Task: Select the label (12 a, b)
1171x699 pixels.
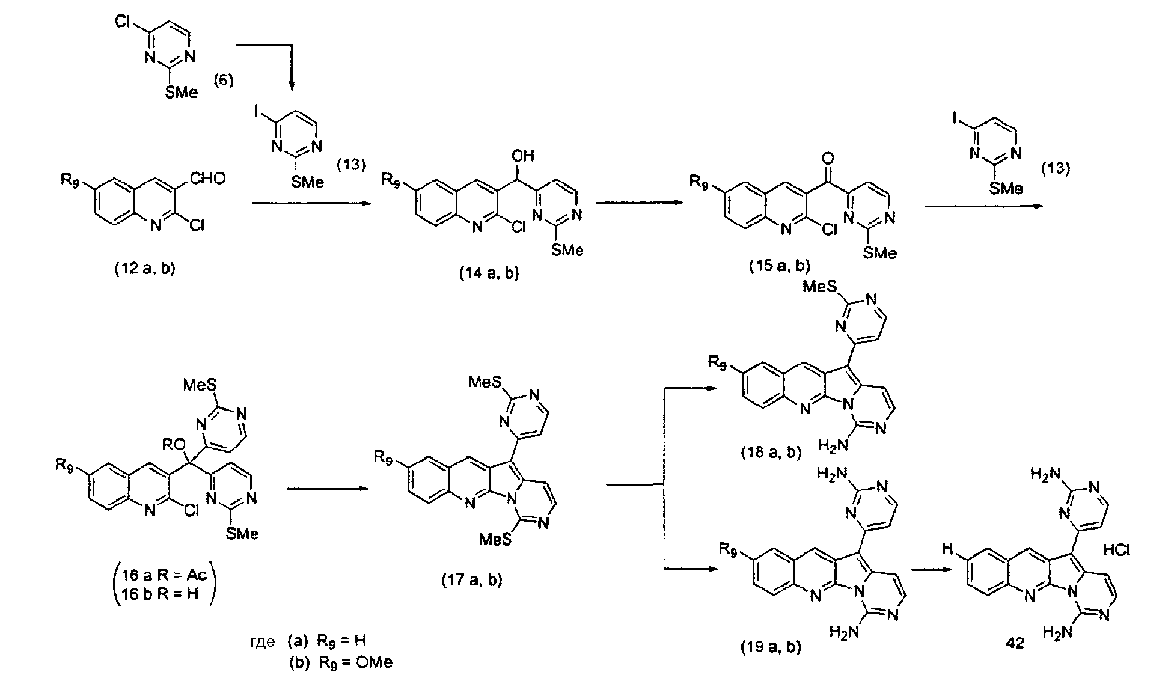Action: point(144,270)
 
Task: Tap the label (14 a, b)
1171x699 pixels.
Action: point(488,274)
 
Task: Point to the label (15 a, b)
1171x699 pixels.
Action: point(780,266)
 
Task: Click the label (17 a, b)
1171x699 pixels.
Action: point(471,580)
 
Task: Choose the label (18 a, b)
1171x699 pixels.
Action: point(771,453)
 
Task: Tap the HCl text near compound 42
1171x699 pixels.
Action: point(1117,550)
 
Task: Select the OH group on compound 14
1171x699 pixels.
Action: point(523,156)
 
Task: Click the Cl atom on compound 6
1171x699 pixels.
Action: point(121,21)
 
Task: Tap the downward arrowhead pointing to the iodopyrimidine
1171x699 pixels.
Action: point(292,87)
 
